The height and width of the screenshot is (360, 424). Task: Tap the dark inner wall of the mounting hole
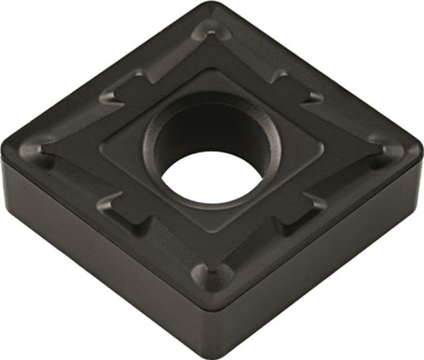(x=212, y=132)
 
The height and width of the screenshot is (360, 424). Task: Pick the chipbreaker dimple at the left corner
(x=40, y=146)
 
